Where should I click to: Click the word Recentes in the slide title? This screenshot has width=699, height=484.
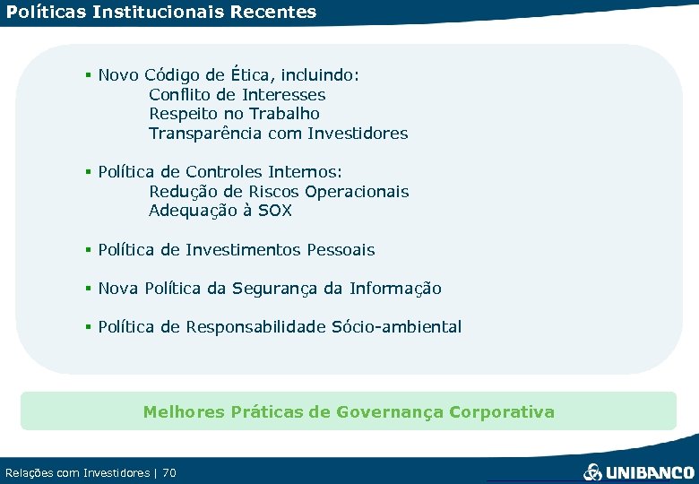(272, 13)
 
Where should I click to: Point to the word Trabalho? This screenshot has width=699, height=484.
(284, 114)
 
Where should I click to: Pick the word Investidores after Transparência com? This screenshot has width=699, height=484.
(358, 134)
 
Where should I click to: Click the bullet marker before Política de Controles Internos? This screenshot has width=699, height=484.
(89, 171)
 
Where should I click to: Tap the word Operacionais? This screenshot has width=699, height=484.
(357, 191)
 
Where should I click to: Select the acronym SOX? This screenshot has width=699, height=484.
(274, 212)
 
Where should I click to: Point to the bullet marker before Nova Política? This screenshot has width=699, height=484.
(89, 289)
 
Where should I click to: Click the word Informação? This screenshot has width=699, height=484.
(395, 289)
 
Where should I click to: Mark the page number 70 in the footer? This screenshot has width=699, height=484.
(168, 472)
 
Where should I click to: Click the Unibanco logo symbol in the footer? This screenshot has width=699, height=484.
(593, 471)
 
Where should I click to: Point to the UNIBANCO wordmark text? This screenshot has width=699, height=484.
(650, 472)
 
